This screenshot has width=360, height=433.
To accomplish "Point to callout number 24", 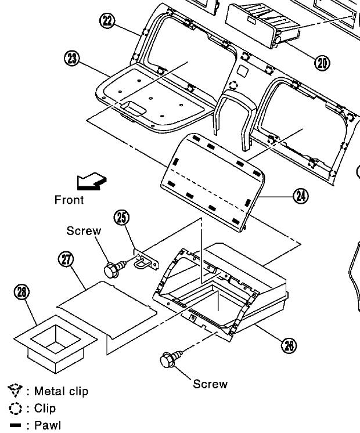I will point(300,196).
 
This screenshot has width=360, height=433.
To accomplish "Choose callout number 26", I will point(289,345).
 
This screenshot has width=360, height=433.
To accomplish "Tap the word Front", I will point(69,200).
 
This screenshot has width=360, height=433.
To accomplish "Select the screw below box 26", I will point(170,360).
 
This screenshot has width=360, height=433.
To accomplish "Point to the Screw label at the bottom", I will point(210,384).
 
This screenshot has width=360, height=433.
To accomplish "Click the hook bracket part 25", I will point(147,260).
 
